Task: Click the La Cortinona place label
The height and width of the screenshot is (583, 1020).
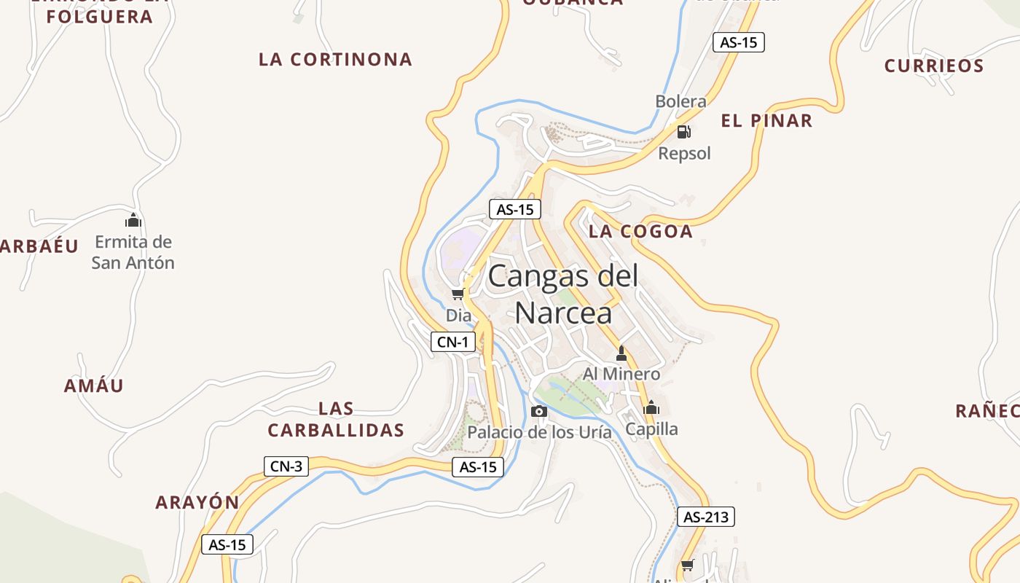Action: click(335, 59)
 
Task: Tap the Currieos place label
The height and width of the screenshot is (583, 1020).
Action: click(934, 66)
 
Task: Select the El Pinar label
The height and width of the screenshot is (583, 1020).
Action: click(766, 120)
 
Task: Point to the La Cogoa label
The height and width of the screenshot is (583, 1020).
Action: click(640, 231)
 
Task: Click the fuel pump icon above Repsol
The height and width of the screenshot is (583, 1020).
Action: click(683, 132)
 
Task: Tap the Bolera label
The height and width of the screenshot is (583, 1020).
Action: click(680, 101)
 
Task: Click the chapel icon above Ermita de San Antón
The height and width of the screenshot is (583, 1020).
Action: click(133, 220)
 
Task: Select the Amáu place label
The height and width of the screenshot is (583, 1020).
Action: click(94, 386)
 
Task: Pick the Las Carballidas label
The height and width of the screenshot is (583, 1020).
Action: click(336, 420)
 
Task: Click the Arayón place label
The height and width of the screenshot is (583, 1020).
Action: click(197, 502)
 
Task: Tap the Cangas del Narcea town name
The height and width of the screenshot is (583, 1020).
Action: click(563, 294)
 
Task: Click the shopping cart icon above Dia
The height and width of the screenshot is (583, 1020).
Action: click(458, 294)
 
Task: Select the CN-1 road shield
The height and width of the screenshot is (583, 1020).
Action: click(453, 342)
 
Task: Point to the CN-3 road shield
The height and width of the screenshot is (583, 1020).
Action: click(286, 466)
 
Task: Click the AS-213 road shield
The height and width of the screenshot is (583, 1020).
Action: click(706, 517)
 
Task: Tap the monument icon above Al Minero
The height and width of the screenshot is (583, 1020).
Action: click(621, 354)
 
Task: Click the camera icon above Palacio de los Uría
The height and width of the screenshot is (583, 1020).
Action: click(539, 411)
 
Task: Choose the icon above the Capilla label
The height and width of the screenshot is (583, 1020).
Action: click(651, 407)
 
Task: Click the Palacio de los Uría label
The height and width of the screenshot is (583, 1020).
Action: click(539, 432)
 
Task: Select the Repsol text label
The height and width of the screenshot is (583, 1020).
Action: click(684, 153)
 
